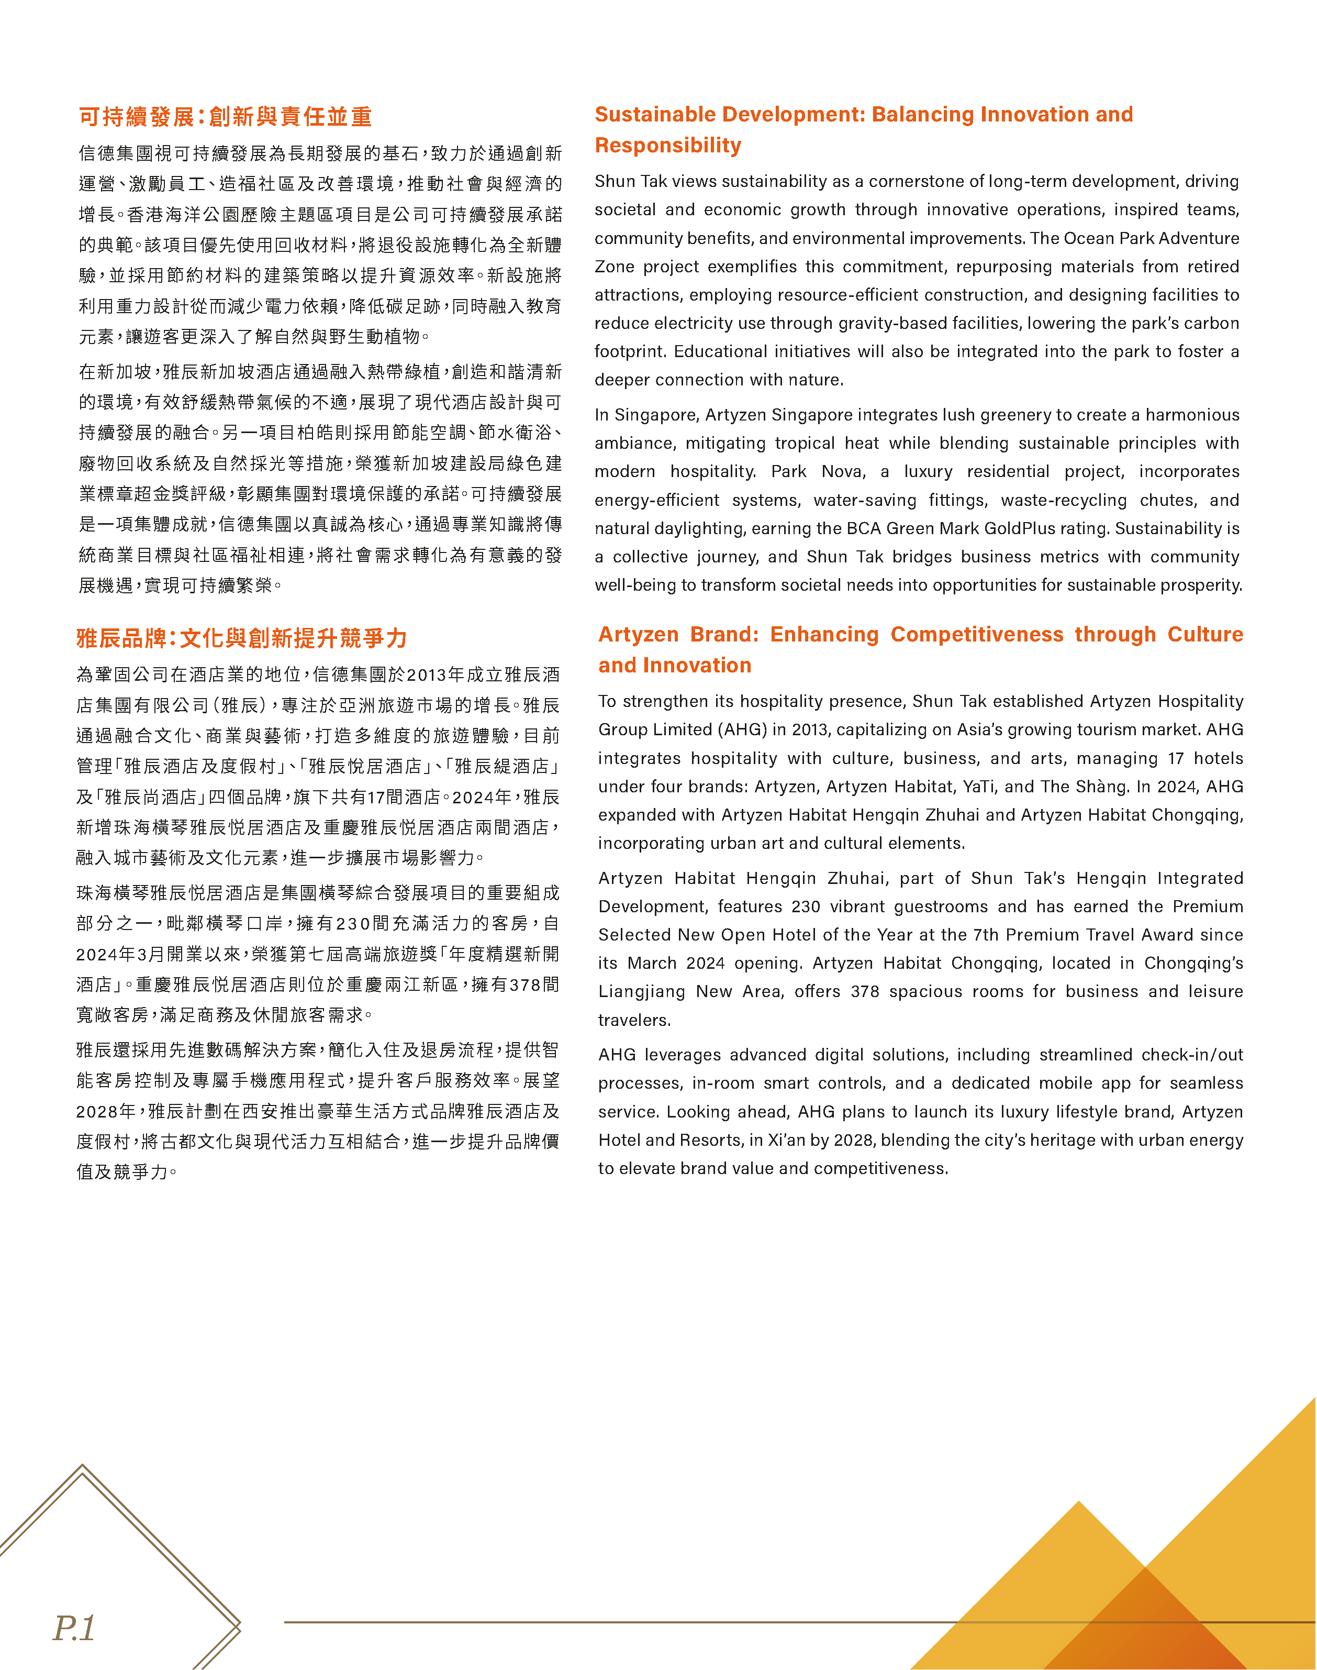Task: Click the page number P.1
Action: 74,1628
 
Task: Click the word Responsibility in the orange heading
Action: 668,145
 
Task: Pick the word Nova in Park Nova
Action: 843,471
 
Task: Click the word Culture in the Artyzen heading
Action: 1204,634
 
